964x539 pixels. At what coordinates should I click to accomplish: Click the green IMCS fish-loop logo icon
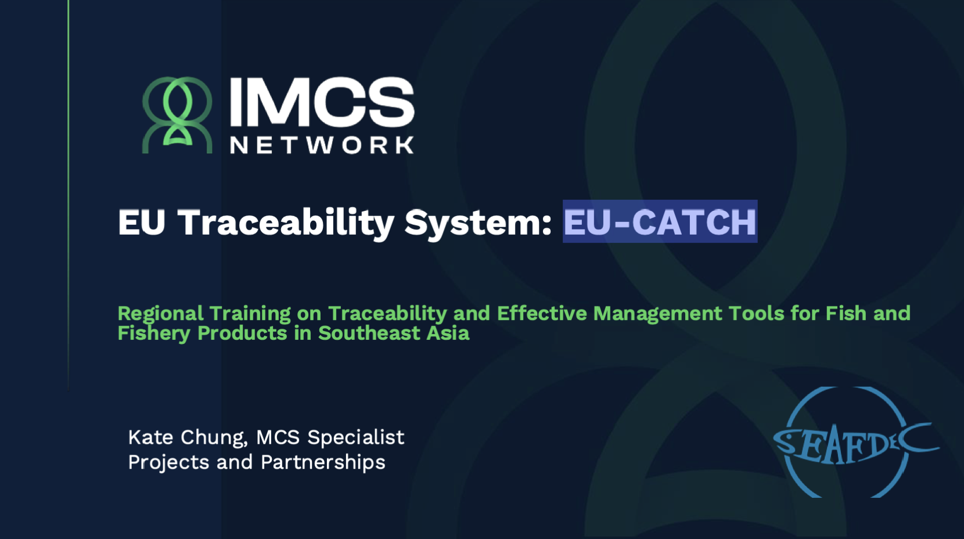[x=177, y=115]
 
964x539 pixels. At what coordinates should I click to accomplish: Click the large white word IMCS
[x=322, y=102]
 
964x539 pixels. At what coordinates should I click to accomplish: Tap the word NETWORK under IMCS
[x=322, y=145]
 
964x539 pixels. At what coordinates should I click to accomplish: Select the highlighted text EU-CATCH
[x=660, y=222]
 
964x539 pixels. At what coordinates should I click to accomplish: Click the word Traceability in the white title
[x=286, y=222]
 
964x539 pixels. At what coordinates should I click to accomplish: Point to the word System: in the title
[x=478, y=224]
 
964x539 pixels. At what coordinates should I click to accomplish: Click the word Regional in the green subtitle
[x=160, y=314]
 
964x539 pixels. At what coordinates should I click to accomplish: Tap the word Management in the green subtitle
[x=657, y=314]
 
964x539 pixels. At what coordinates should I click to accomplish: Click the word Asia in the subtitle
[x=448, y=333]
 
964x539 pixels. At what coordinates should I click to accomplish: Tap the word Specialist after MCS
[x=355, y=439]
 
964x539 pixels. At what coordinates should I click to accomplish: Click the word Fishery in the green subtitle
[x=154, y=334]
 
